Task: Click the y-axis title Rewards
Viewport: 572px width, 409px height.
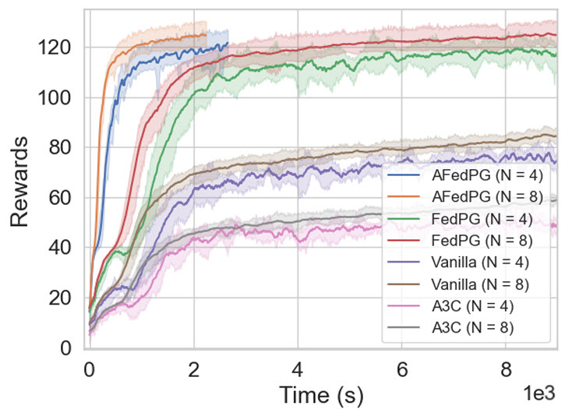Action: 24,182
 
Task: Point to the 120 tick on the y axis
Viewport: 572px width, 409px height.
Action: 57,48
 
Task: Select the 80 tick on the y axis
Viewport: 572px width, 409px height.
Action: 62,148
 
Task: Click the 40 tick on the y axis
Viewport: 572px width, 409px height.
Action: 62,248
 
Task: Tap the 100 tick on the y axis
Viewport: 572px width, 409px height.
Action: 57,97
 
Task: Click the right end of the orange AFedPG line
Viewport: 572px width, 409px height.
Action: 207,34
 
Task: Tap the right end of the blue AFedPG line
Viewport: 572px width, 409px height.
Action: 228,44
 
